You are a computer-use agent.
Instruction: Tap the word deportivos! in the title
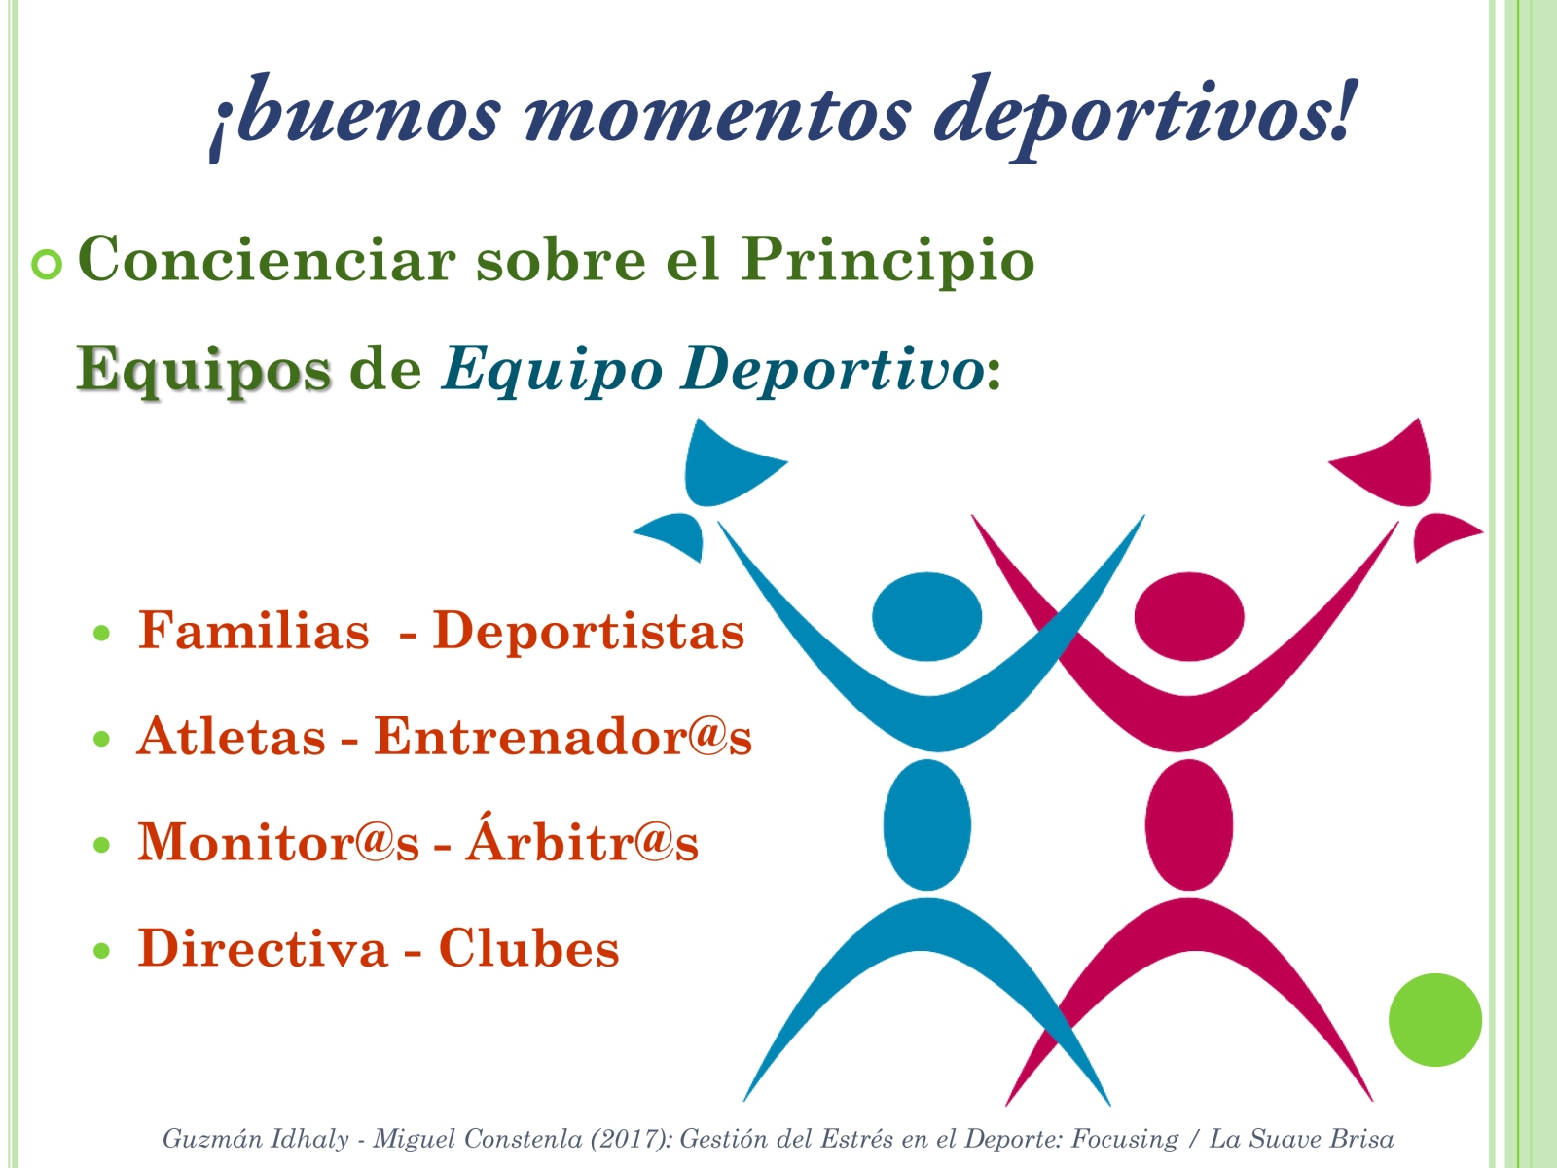point(1142,117)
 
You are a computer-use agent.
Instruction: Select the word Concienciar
point(267,260)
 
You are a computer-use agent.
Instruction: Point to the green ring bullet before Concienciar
point(47,265)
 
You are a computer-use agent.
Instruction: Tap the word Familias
point(254,629)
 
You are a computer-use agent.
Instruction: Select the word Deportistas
point(588,631)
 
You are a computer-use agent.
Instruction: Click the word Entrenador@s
point(562,736)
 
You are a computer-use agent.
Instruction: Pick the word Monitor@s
point(278,842)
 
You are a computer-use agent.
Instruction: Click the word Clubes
point(529,947)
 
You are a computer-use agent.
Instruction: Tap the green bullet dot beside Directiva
point(102,950)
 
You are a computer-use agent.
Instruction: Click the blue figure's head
point(926,616)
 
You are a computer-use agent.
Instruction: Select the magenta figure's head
point(1189,616)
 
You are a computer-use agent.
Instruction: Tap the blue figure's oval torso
point(927,824)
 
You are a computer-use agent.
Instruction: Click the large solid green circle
point(1435,1020)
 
